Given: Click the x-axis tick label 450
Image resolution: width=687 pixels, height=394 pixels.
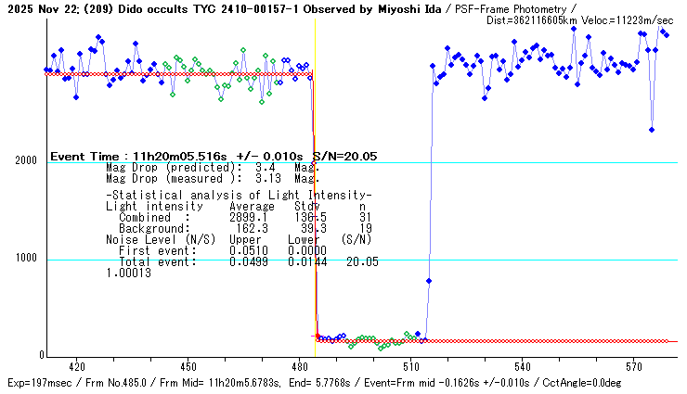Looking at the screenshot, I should click(x=188, y=367).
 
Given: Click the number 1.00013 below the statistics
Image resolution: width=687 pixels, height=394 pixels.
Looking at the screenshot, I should click(x=128, y=273).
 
